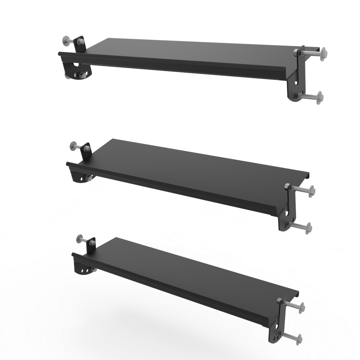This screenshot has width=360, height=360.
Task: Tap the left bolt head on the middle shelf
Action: coord(73,145)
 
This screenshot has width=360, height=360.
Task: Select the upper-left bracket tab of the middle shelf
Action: coord(86,150)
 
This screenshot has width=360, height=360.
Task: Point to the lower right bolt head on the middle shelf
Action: coord(308,228)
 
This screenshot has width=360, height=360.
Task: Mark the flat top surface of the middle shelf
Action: coord(187,167)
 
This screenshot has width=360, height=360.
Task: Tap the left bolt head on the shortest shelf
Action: coord(80,239)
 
